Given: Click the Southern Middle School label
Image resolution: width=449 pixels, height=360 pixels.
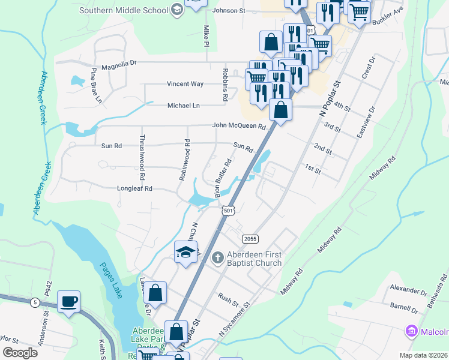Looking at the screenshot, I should pos(124,10).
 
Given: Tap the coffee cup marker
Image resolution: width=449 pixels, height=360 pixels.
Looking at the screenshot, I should pos(68,302).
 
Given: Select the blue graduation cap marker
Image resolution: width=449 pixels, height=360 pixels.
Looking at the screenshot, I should pos(186,252).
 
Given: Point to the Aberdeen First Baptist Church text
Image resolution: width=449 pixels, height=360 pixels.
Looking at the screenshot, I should pos(255,259).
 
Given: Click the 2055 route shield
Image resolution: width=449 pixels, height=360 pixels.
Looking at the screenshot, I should pos(250,239).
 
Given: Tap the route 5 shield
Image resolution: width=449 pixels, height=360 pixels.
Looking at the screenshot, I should pos(36,303).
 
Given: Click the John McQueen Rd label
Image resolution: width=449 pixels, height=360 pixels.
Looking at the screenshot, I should pos(238,126).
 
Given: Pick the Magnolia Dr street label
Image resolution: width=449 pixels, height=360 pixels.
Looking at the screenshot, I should pos(119,62).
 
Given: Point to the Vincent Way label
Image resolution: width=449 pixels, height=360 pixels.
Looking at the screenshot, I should pos(185,84).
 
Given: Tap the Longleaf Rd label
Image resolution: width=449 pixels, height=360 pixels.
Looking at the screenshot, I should pos(135,188).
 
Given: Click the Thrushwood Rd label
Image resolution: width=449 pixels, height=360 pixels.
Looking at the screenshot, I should pos(142,161).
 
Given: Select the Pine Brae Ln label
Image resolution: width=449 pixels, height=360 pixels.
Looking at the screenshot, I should pos(95,86).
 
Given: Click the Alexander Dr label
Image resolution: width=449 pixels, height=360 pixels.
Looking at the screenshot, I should pos(408,289).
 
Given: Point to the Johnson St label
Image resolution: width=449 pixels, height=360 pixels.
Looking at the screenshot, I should pos(229,11).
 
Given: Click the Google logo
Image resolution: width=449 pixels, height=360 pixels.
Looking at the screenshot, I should pos(20,353).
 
